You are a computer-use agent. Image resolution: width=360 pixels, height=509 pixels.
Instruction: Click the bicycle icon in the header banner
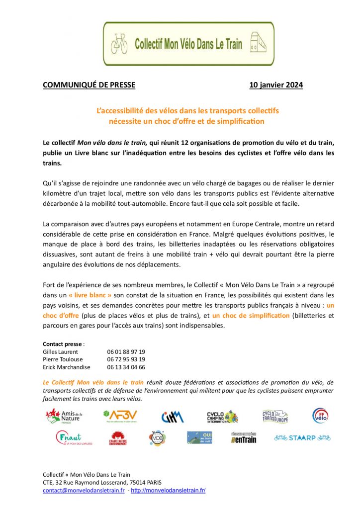(x=119, y=44)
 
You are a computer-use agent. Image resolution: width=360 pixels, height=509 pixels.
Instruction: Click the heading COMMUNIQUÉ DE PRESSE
(x=89, y=85)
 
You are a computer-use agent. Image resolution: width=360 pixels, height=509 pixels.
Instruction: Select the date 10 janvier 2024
(x=283, y=85)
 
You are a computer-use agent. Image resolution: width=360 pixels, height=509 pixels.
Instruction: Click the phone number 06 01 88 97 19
(x=126, y=351)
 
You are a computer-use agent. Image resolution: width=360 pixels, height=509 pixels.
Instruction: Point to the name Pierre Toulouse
(x=63, y=359)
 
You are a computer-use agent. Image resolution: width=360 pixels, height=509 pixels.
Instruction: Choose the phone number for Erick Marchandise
(x=126, y=367)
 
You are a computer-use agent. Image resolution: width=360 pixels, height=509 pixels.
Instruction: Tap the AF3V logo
(x=120, y=416)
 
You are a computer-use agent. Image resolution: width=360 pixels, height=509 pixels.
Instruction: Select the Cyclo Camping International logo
(x=222, y=417)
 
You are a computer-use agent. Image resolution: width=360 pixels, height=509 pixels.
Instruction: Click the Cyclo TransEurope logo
(x=275, y=416)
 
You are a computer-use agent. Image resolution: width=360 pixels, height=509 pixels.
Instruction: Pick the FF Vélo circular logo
(x=320, y=416)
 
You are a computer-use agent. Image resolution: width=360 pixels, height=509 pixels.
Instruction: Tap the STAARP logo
(x=302, y=438)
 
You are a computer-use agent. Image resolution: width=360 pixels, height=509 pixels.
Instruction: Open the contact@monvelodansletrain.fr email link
(x=84, y=490)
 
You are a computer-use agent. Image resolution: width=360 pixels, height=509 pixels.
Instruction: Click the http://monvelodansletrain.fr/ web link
(x=168, y=490)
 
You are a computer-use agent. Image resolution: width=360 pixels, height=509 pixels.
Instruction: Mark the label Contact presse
(x=63, y=343)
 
